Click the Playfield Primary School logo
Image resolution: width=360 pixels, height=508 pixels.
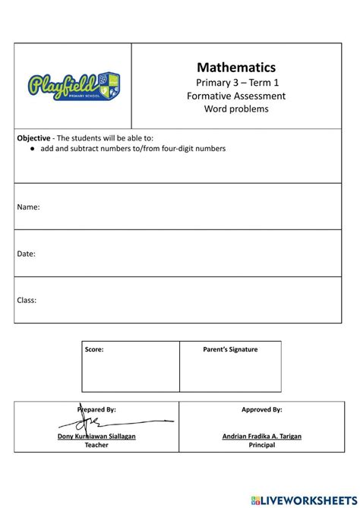[x=74, y=86]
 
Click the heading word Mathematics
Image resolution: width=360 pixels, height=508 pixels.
[x=236, y=68]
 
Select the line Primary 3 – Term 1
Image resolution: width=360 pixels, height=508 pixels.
[x=236, y=82]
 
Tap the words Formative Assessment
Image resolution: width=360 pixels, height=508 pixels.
[x=236, y=96]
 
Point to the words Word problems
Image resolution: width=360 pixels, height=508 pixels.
[x=236, y=109]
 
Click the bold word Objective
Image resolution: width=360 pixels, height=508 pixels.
[x=34, y=138]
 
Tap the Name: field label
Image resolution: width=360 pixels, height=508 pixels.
[x=28, y=207]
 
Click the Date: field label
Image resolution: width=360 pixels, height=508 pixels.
[x=27, y=254]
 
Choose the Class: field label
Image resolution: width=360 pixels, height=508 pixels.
[x=27, y=300]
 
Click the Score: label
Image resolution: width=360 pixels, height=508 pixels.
[x=94, y=349]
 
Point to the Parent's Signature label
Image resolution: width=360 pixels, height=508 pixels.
[x=230, y=349]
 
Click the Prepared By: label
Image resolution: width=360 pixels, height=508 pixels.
[x=96, y=409]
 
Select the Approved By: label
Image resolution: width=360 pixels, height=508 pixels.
[x=262, y=409]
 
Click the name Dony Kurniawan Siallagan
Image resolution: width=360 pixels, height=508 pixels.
[x=96, y=437]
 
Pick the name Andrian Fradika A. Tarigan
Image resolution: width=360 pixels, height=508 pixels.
[x=262, y=437]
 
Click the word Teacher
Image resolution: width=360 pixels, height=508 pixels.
[x=96, y=445]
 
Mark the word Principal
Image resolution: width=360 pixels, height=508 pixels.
[x=262, y=445]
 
